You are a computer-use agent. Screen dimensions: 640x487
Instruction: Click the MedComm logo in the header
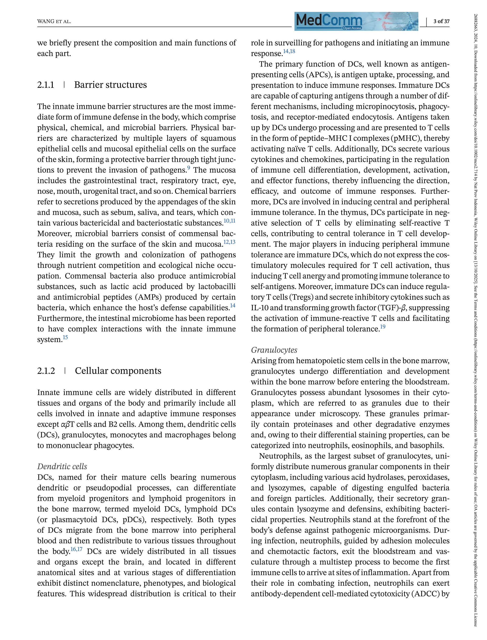pyautogui.click(x=356, y=21)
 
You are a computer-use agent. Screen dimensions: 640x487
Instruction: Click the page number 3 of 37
pyautogui.click(x=441, y=21)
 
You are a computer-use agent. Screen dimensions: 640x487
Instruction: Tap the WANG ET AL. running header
pyautogui.click(x=54, y=21)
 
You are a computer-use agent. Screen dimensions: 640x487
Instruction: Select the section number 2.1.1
pyautogui.click(x=46, y=85)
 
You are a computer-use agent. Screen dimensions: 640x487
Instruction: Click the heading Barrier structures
pyautogui.click(x=110, y=85)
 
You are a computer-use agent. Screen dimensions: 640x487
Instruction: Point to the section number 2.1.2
pyautogui.click(x=46, y=371)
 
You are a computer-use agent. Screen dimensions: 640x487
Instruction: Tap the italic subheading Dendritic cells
pyautogui.click(x=62, y=466)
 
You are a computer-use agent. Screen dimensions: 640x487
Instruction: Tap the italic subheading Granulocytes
pyautogui.click(x=274, y=350)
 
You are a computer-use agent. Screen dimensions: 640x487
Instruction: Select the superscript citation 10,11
pyautogui.click(x=229, y=221)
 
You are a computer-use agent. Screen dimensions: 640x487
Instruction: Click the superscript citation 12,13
pyautogui.click(x=229, y=242)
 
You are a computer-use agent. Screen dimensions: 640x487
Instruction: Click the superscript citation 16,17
pyautogui.click(x=77, y=549)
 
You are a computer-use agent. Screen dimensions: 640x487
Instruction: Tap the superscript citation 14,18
pyautogui.click(x=289, y=51)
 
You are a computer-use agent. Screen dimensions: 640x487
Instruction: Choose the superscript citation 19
pyautogui.click(x=383, y=327)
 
